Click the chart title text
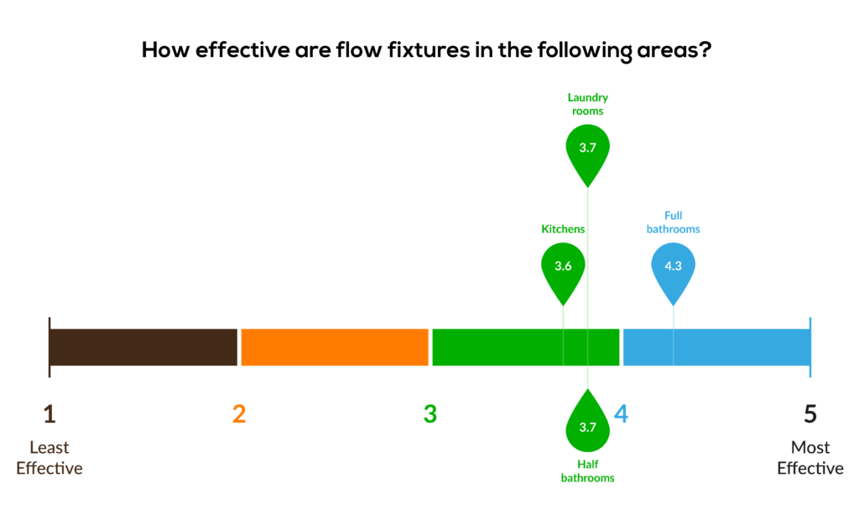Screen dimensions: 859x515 tap(426, 50)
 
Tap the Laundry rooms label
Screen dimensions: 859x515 tap(587, 104)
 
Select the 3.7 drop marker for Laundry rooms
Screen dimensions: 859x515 tap(587, 153)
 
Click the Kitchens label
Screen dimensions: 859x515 tap(563, 229)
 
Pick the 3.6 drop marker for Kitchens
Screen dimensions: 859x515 tap(563, 271)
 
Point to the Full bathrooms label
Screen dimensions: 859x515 tap(673, 222)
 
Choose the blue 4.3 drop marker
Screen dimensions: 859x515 tap(673, 271)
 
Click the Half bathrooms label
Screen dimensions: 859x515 tap(587, 471)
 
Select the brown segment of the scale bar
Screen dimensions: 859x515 tap(143, 347)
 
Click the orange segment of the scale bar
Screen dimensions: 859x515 tap(335, 347)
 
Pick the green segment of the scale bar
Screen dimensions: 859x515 tap(526, 347)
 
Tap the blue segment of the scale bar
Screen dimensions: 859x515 tap(716, 347)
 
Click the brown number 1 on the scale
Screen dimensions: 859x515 tap(49, 414)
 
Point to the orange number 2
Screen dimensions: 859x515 tap(239, 414)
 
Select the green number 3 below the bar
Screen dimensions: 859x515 tap(430, 414)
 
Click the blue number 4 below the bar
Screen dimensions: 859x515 tap(622, 414)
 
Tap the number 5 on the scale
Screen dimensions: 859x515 tap(810, 414)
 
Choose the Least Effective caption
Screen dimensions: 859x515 tap(49, 458)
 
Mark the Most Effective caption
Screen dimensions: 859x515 tap(810, 458)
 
